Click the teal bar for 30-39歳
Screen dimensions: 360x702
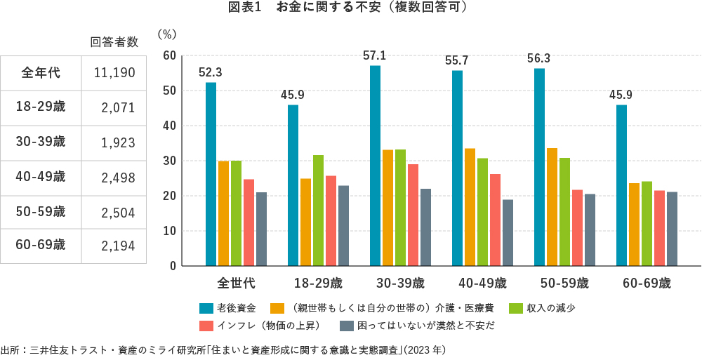click(376, 166)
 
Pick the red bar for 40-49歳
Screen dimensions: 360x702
click(495, 220)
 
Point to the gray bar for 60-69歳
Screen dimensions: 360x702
click(672, 229)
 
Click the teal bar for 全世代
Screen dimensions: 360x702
click(211, 174)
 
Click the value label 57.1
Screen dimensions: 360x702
click(375, 55)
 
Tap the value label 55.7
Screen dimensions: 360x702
click(457, 61)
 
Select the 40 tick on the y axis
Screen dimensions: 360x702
click(168, 126)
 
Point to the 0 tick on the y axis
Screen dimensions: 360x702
click(171, 266)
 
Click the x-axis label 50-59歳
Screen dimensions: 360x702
click(564, 284)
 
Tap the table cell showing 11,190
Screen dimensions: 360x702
click(114, 72)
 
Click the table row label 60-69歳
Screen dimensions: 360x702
click(41, 245)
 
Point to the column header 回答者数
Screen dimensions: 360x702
click(114, 42)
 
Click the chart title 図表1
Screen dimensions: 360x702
click(244, 8)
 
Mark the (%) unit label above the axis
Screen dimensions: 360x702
click(168, 33)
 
